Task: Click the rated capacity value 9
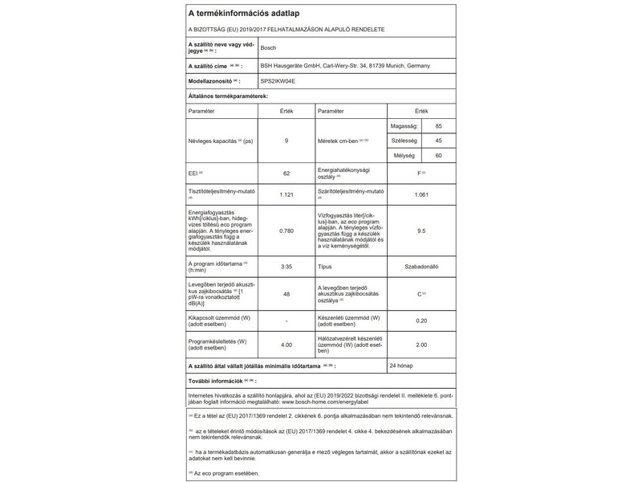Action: [286, 141]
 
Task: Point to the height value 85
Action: [438, 127]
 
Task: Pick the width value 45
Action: [438, 141]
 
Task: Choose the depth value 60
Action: [438, 154]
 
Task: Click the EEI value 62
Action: [286, 174]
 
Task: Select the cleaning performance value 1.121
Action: [286, 195]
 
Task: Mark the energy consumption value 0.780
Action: [286, 231]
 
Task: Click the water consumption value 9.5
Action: [421, 231]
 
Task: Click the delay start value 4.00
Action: [286, 345]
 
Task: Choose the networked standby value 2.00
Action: [422, 345]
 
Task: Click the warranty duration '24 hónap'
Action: [400, 366]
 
